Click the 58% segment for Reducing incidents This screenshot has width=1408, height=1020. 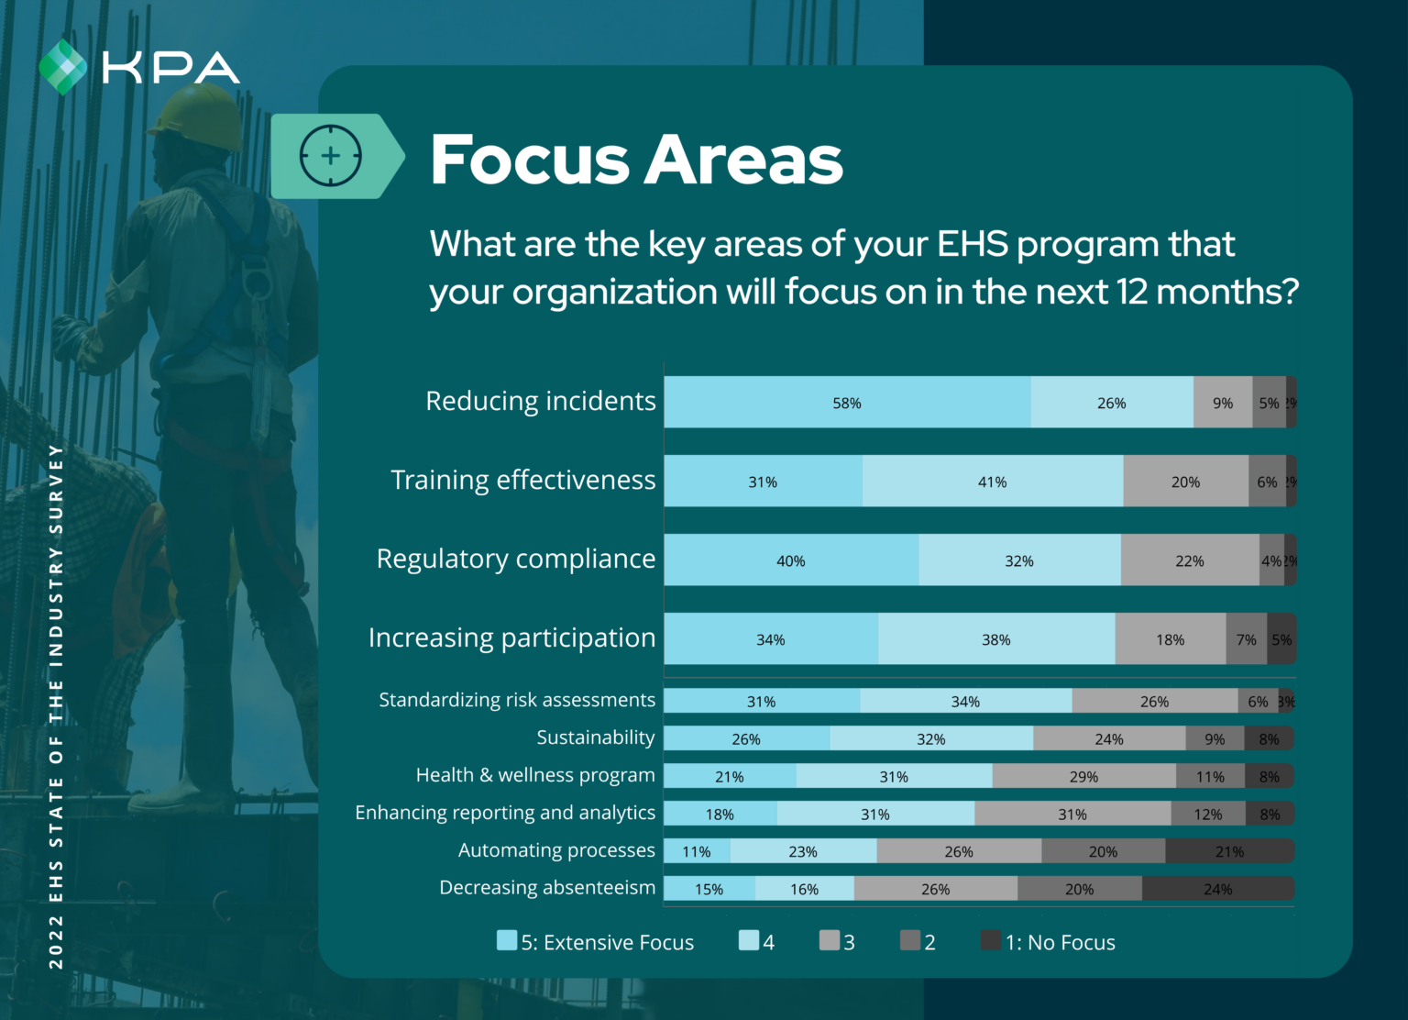(x=847, y=403)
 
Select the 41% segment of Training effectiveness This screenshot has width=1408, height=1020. (x=992, y=482)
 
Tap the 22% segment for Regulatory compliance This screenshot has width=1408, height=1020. (x=1189, y=560)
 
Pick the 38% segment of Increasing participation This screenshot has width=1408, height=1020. (x=995, y=639)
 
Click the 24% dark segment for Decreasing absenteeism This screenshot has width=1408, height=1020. (x=1217, y=889)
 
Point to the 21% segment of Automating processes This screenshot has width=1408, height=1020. (x=1229, y=851)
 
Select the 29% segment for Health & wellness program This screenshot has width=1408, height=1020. (x=1083, y=776)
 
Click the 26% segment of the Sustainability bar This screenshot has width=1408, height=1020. (x=746, y=738)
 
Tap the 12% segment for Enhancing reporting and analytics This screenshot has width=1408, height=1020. (x=1207, y=814)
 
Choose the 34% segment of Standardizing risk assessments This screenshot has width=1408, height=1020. (x=965, y=701)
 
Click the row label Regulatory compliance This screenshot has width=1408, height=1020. (x=516, y=559)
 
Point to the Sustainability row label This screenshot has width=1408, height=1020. (x=596, y=737)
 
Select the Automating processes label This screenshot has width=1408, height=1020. (x=556, y=850)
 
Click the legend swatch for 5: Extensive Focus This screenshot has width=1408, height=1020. (x=507, y=940)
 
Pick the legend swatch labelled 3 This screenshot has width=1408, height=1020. (x=829, y=940)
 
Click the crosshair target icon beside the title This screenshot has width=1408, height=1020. (x=331, y=156)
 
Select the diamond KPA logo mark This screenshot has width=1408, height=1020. (x=62, y=67)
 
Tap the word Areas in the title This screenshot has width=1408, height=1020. (x=743, y=161)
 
